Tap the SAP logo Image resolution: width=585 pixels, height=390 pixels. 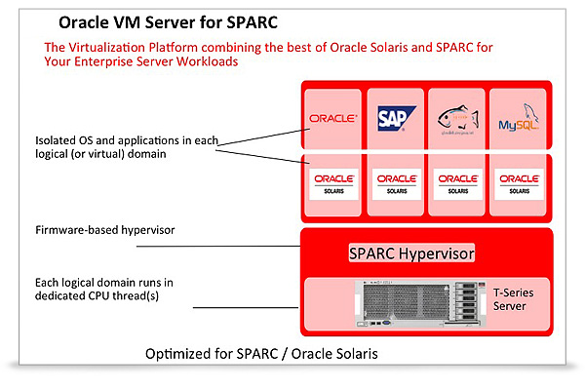[394, 120]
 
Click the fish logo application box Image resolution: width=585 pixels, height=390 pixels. [456, 120]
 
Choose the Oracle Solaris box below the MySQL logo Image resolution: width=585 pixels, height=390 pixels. [516, 183]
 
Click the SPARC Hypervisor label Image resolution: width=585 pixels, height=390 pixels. [410, 253]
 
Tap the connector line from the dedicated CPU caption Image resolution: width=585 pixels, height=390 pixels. [244, 305]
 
